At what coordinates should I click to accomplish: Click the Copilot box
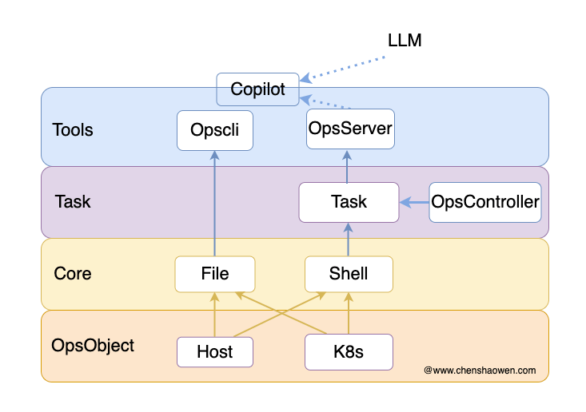257,89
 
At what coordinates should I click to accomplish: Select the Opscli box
215,130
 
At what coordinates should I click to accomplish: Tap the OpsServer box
350,129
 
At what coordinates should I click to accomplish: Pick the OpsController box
485,202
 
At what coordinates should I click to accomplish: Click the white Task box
349,202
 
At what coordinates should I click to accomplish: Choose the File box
215,274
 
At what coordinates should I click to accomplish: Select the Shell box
349,274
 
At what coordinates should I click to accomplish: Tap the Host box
215,352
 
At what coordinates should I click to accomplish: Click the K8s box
349,352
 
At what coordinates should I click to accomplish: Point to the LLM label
405,40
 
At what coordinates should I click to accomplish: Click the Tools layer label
73,130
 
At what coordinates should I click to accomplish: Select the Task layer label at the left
73,201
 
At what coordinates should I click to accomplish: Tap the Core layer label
73,274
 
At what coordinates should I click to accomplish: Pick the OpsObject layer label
93,346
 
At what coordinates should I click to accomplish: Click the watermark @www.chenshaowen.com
480,370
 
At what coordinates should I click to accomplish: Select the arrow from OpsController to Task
414,202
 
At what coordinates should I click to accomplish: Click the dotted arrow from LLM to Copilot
342,69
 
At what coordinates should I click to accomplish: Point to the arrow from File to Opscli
214,204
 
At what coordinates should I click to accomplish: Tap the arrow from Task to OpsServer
347,166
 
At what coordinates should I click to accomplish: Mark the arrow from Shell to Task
349,240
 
